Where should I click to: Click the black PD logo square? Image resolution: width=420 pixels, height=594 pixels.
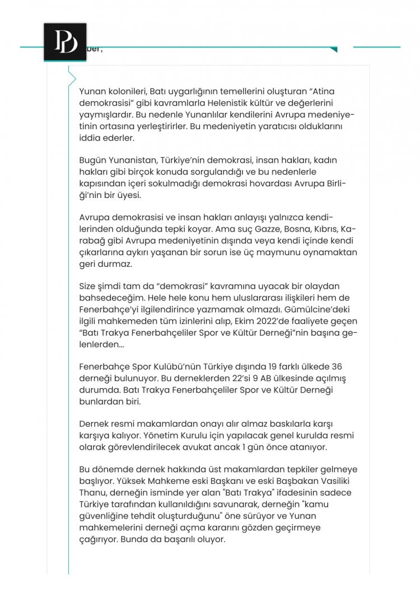pos(65,43)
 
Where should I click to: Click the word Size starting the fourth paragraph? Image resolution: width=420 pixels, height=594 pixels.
pos(88,287)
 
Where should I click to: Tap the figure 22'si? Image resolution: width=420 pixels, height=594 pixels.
pos(214,379)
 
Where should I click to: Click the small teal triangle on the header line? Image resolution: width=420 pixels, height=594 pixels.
pos(334,50)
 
